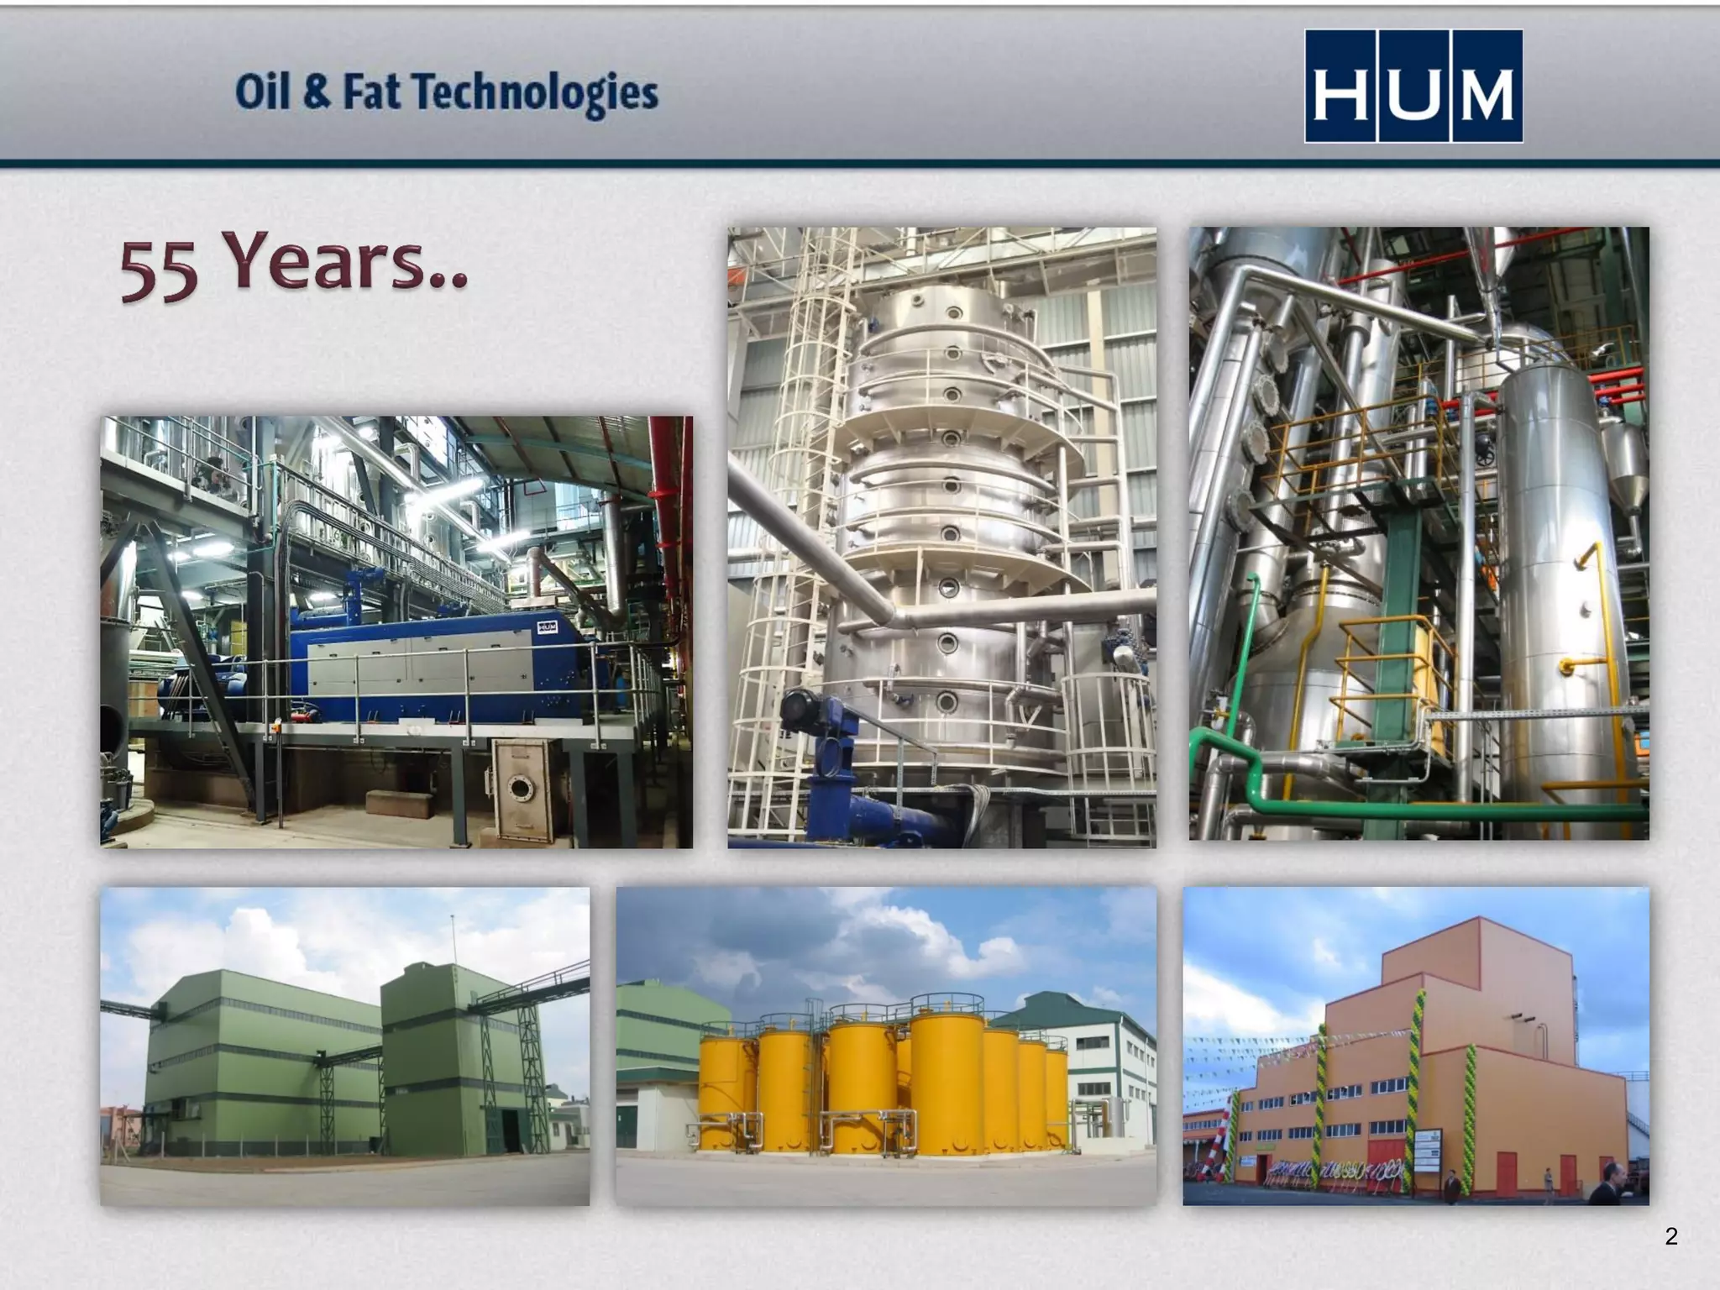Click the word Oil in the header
pos(261,92)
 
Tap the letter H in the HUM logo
pos(1341,87)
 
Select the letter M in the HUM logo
pos(1487,87)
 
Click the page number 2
pos(1671,1236)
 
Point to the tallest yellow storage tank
pos(947,1075)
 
